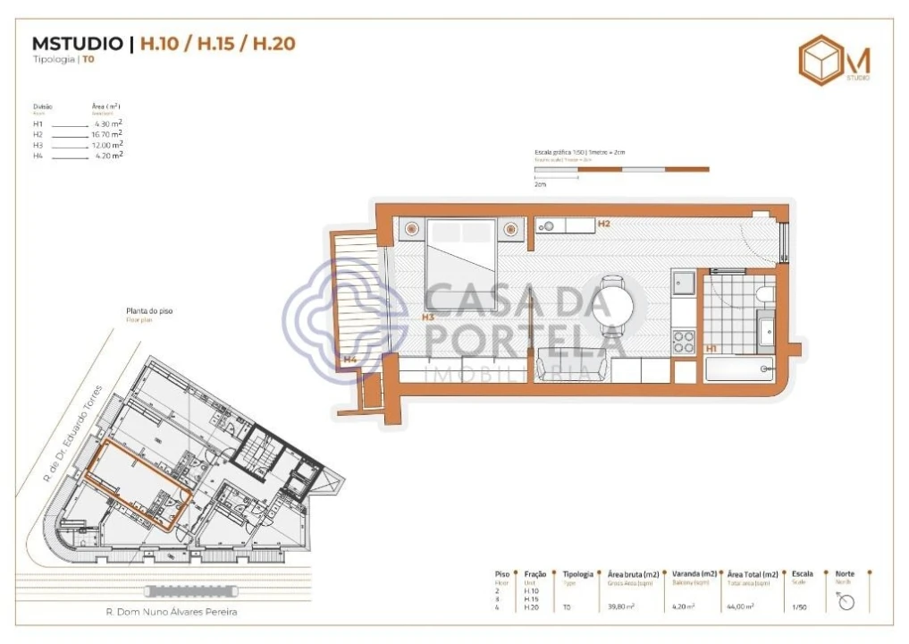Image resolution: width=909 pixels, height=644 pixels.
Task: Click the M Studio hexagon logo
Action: (x=820, y=61)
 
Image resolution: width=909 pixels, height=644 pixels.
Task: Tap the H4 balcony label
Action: (x=350, y=360)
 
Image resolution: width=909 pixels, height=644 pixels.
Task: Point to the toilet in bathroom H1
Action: (x=764, y=293)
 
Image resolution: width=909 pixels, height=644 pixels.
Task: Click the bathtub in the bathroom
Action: (x=739, y=369)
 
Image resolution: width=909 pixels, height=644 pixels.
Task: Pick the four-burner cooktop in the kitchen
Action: (x=684, y=341)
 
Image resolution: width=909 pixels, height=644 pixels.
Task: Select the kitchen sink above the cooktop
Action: (x=684, y=284)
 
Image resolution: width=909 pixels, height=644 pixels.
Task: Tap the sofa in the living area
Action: (x=571, y=367)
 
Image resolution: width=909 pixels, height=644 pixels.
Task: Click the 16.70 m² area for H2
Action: (x=106, y=134)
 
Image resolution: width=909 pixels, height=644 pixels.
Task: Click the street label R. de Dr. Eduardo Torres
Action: (x=74, y=434)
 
